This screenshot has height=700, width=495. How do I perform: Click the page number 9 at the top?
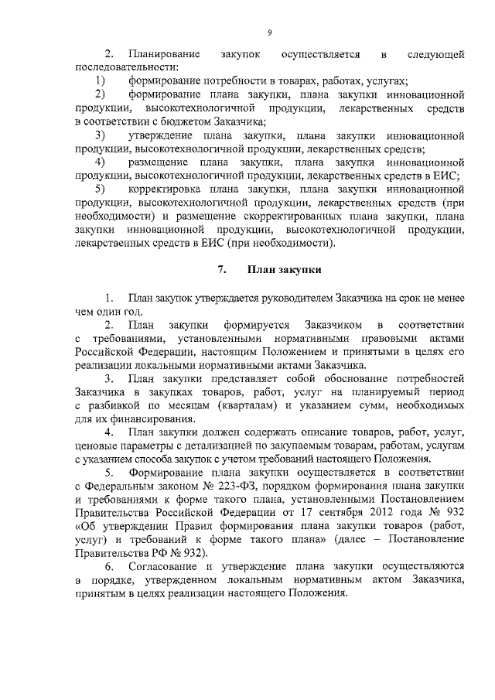(270, 32)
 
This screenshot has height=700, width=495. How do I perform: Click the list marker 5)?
(101, 189)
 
